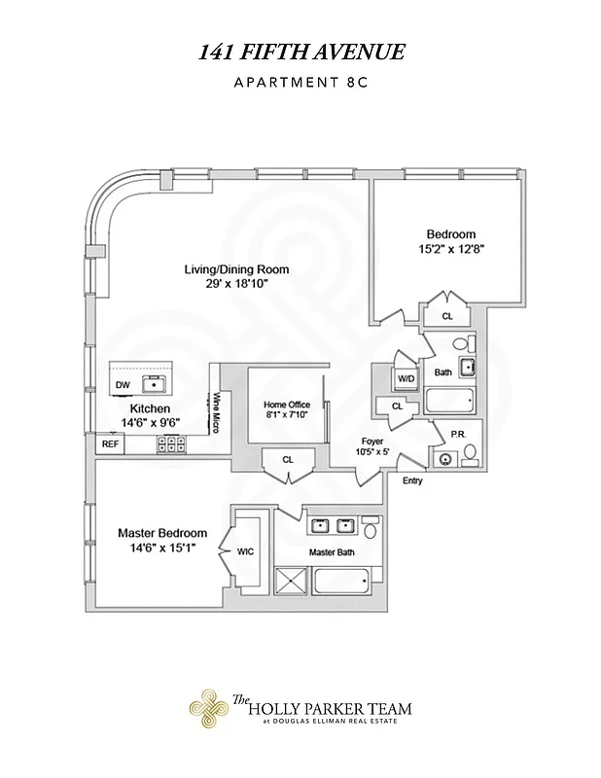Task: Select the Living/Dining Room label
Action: (x=237, y=269)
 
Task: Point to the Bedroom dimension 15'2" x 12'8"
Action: (x=450, y=249)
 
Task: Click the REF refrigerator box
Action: (x=109, y=443)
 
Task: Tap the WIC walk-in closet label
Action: (x=245, y=551)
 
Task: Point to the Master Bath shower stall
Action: (x=293, y=583)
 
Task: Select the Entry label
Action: (x=412, y=480)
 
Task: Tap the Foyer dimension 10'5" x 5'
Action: (x=371, y=452)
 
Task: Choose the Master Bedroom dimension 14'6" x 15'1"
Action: (x=162, y=548)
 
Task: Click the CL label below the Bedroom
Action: (x=446, y=316)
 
